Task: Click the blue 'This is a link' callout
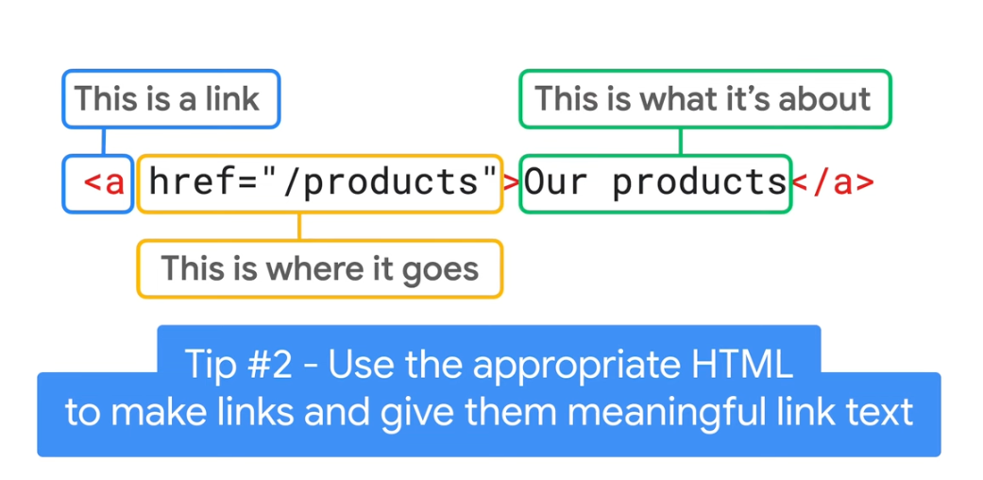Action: (171, 98)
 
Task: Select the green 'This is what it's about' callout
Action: (704, 98)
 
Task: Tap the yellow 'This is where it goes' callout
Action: (319, 269)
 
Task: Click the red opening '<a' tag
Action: (104, 182)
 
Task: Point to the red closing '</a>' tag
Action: (832, 182)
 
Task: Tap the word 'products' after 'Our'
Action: (699, 182)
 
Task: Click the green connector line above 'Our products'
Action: (680, 141)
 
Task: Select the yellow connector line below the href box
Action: (299, 226)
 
